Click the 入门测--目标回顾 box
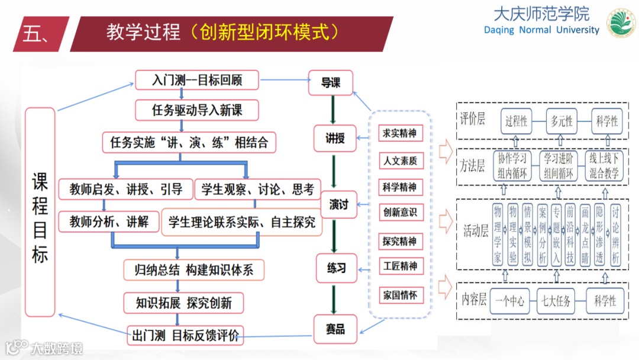click(x=197, y=79)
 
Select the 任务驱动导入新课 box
click(x=197, y=110)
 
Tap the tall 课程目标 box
click(x=40, y=211)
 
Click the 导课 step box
click(x=331, y=83)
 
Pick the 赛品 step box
click(x=335, y=329)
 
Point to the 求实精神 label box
click(x=399, y=133)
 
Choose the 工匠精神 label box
click(x=399, y=266)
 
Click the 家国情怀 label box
click(x=399, y=294)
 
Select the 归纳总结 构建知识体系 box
click(x=194, y=270)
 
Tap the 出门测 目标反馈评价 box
click(x=186, y=335)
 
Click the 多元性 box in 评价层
click(x=561, y=121)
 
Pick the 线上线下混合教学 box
click(x=603, y=166)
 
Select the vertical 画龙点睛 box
click(x=585, y=235)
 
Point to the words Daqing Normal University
click(x=541, y=30)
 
